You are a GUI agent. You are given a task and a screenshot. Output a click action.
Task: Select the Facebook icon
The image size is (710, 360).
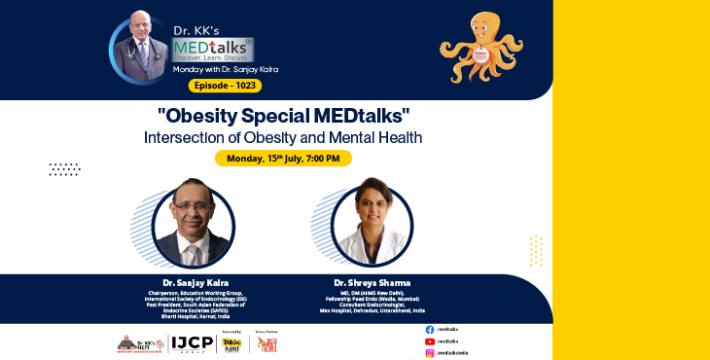click(430, 330)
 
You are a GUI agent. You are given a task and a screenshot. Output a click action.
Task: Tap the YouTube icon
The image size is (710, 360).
click(430, 342)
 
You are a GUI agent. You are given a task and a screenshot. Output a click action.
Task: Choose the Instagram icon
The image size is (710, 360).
click(430, 353)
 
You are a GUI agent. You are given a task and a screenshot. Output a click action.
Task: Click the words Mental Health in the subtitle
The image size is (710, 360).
click(381, 137)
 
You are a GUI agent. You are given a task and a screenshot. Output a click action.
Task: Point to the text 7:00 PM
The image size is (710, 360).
click(323, 158)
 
